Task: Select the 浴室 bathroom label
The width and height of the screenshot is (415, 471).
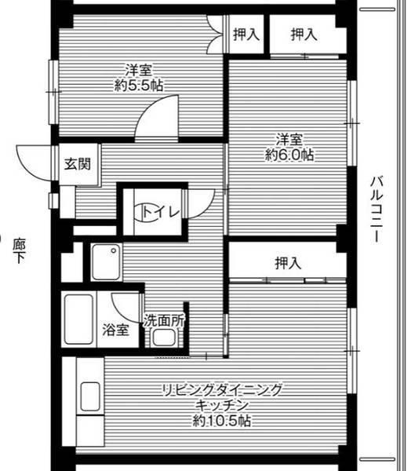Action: pyautogui.click(x=117, y=330)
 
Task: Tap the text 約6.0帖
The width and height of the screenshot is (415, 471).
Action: pyautogui.click(x=289, y=155)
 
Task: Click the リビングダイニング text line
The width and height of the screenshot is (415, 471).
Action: pyautogui.click(x=222, y=390)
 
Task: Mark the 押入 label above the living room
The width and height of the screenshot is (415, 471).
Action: pyautogui.click(x=288, y=263)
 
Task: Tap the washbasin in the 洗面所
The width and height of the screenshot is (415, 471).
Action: pyautogui.click(x=165, y=338)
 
